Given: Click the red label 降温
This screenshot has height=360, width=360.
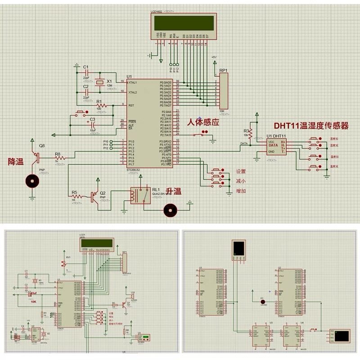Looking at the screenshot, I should (x=16, y=161).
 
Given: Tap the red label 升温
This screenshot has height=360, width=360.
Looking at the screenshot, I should (x=174, y=191).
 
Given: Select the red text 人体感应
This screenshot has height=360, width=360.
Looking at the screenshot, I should (x=203, y=122).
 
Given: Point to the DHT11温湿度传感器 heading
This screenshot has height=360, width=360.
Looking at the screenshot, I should (x=312, y=126).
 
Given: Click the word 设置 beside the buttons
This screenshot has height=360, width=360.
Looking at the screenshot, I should (x=241, y=171).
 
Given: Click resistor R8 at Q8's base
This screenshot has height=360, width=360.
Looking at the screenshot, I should (x=58, y=158).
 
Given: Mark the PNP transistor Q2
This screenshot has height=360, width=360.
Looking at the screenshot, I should (x=94, y=197).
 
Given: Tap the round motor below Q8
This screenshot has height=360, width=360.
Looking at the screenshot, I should (x=32, y=181).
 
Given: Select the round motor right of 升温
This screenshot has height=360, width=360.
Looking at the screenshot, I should (x=170, y=209).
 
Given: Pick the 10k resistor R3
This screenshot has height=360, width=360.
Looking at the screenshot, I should (x=251, y=131).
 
